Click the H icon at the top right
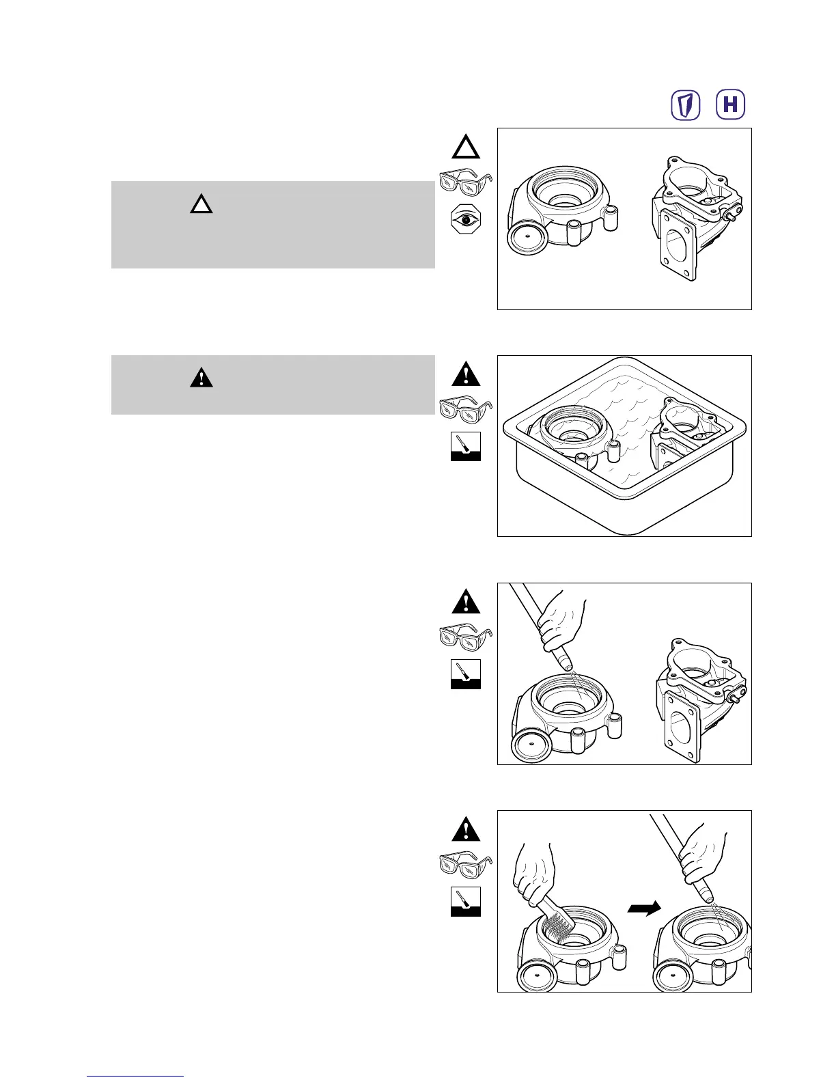tap(730, 105)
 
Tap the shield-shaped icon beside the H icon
tap(686, 105)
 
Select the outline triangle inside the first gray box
tap(201, 204)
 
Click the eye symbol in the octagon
tap(466, 221)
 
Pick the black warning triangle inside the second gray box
tap(201, 378)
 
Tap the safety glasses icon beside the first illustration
tap(465, 184)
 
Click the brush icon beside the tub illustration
tap(466, 446)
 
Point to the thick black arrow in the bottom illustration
tap(644, 908)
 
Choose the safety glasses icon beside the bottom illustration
tap(465, 863)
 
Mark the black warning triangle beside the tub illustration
tap(466, 375)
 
